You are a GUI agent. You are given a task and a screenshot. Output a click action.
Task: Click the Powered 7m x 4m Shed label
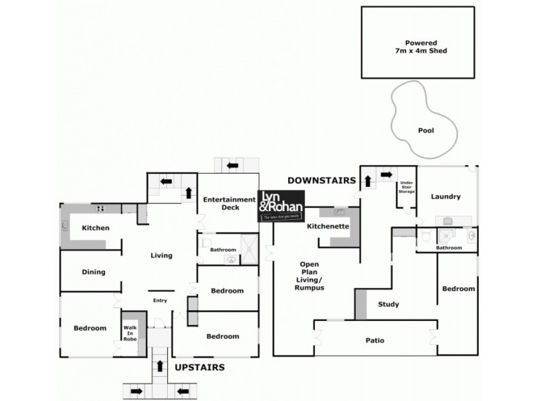coord(418,47)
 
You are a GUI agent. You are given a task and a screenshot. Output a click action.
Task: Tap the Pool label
coord(425,130)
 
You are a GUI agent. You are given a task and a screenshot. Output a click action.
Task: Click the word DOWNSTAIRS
coord(318,180)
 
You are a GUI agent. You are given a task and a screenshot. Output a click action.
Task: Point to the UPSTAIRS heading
coord(199,368)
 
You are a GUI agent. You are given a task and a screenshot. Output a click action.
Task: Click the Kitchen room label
coord(95,228)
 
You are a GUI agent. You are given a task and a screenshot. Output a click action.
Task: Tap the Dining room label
coord(94,272)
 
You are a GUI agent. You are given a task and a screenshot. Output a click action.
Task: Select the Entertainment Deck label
coord(229,203)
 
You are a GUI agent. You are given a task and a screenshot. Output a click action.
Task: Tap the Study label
coord(389,305)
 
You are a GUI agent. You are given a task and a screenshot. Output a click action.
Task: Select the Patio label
coord(374,340)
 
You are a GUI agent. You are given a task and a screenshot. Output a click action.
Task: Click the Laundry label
coord(445,196)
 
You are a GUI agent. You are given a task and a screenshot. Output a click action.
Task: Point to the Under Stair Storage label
coord(407,187)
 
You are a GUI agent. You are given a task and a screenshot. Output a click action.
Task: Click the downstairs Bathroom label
coord(449,248)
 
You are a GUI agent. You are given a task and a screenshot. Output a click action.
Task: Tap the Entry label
coord(160,301)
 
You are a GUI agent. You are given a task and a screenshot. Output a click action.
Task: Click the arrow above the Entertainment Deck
coord(233,165)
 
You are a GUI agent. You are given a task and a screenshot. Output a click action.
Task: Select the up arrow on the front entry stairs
coord(160,365)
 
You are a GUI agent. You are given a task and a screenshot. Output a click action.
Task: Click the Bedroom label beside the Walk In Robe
coord(90,328)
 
